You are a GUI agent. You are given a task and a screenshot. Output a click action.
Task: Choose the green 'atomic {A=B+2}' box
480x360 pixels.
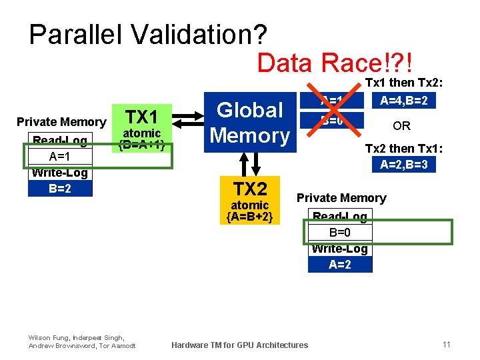coord(249,211)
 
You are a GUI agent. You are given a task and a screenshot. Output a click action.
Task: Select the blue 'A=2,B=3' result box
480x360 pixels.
coord(404,165)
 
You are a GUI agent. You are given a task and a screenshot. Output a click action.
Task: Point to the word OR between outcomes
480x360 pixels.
coord(401,126)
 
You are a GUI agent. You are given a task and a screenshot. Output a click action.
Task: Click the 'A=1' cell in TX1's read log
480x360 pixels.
coord(59,157)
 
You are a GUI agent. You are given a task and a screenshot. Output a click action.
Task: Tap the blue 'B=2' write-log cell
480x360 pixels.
coord(59,188)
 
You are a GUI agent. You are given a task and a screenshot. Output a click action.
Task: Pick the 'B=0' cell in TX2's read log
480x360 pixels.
coord(340,232)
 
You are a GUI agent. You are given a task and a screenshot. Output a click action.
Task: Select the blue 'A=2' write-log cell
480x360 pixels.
coord(340,264)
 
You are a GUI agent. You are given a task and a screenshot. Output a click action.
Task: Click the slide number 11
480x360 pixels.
coord(446,344)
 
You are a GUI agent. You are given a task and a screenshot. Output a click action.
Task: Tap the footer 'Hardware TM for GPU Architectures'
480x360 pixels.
coord(240,345)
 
